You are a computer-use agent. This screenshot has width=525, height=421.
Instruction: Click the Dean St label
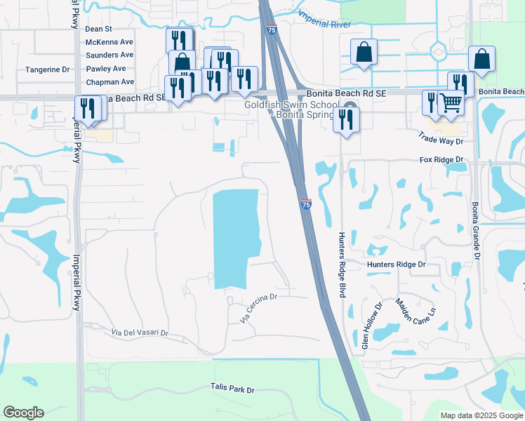[98, 29]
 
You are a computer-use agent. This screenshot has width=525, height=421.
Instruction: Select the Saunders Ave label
[109, 55]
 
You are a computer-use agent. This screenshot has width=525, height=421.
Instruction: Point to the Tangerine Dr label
[47, 69]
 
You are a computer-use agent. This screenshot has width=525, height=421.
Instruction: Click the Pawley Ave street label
[105, 69]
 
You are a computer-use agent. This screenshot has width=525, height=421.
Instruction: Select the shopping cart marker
[451, 103]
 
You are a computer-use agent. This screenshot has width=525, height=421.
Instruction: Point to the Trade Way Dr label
[441, 139]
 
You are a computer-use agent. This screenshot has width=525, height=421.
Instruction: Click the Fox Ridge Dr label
[442, 160]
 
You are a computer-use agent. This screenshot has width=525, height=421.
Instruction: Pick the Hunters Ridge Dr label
[397, 265]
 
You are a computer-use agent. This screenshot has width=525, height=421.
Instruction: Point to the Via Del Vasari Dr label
[140, 332]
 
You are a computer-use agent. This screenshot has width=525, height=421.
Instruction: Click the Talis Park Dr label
[232, 388]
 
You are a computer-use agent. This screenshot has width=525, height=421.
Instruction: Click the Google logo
[23, 413]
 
